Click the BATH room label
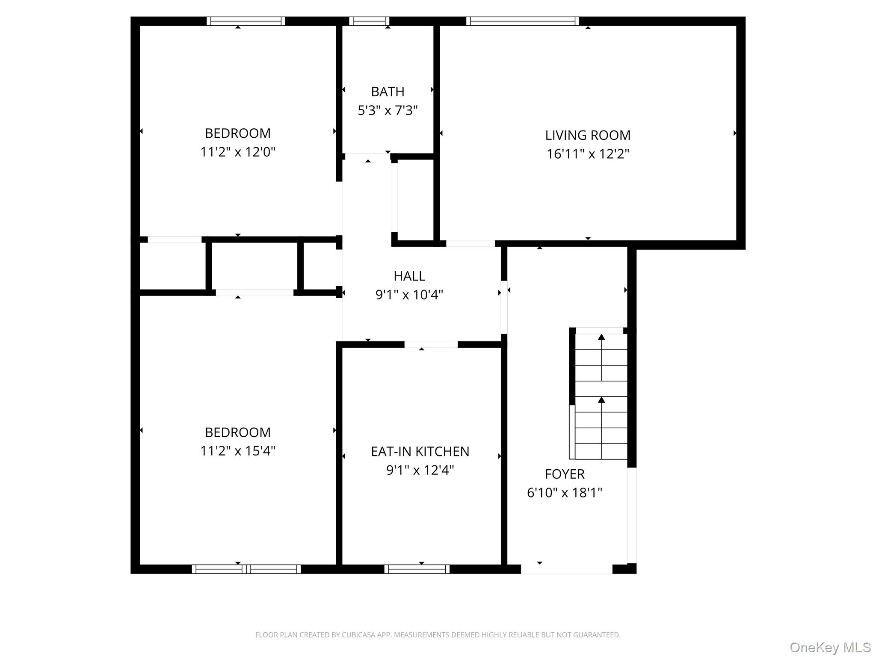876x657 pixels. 388,92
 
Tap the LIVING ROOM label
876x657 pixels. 588,135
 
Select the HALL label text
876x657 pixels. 409,276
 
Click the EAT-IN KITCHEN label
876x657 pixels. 420,451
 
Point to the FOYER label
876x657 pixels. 565,474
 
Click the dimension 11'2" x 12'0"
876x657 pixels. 238,152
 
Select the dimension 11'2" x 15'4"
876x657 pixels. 238,451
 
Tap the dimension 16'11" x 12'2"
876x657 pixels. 588,154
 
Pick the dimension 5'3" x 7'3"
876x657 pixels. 388,110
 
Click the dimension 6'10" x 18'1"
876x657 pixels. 565,493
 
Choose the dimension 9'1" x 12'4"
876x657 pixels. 420,470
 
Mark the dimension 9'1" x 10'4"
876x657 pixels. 409,295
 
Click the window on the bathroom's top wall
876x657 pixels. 369,21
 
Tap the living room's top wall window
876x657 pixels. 523,21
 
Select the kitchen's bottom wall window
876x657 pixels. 417,569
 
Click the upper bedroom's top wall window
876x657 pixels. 246,21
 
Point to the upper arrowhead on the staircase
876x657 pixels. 601,337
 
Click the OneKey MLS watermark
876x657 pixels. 830,648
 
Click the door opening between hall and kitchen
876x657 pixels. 431,344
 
